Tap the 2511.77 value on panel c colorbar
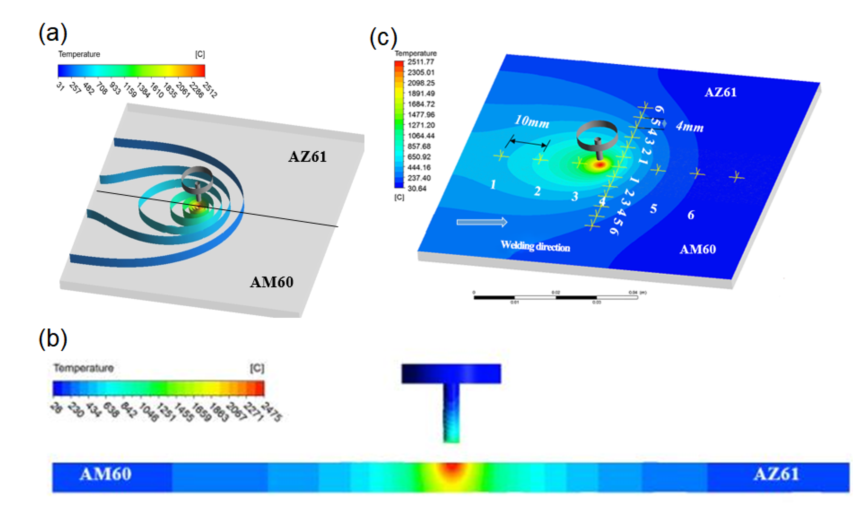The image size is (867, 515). (x=421, y=62)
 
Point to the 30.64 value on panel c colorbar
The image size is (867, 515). (x=417, y=189)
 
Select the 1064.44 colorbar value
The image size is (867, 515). (x=421, y=136)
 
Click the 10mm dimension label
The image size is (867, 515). (x=532, y=121)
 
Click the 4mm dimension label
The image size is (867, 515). (x=689, y=127)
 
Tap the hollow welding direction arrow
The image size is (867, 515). (x=482, y=222)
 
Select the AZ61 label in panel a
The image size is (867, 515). (x=307, y=157)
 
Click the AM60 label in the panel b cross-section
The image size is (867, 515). (x=105, y=474)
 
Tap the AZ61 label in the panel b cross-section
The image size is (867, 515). (x=776, y=474)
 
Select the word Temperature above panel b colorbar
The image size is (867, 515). (x=84, y=368)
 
